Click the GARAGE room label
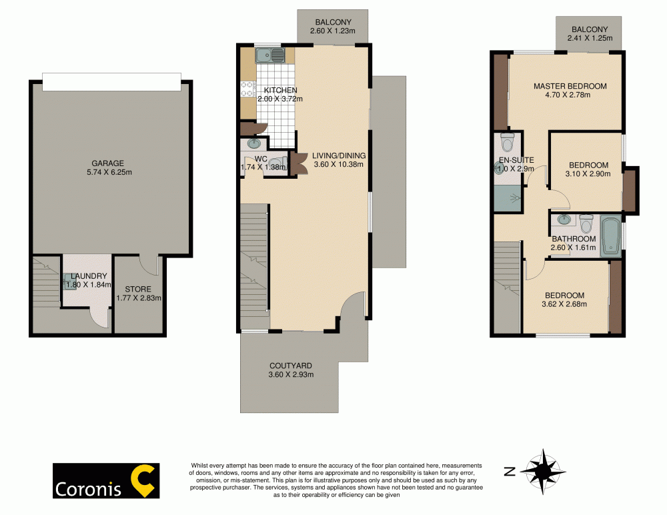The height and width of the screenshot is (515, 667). (x=107, y=163)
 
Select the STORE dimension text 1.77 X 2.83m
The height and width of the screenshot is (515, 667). (x=139, y=298)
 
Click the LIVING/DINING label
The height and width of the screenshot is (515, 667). (x=338, y=155)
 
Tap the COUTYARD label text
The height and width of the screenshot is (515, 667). (x=291, y=366)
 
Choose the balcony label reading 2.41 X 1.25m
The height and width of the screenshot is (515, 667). (x=590, y=38)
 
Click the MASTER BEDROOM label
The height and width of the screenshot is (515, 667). (x=570, y=86)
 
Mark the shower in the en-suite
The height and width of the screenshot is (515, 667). (x=508, y=198)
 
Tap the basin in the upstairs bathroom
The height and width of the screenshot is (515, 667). (x=564, y=220)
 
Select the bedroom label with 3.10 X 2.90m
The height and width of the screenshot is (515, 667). (x=589, y=165)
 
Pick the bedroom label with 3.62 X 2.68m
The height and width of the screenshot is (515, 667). (x=565, y=296)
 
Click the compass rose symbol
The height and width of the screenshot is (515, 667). (x=543, y=472)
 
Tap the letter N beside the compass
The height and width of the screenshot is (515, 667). (x=509, y=472)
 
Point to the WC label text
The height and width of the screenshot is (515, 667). (x=261, y=159)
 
